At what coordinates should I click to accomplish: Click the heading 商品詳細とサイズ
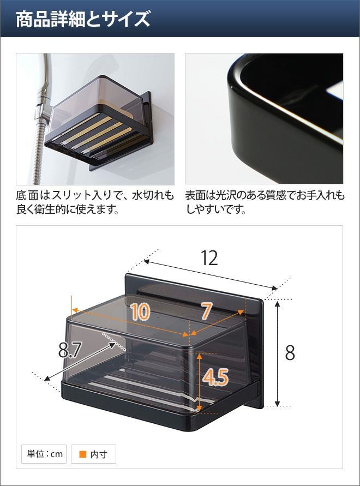pyautogui.click(x=83, y=19)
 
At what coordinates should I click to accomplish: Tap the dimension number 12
pyautogui.click(x=209, y=258)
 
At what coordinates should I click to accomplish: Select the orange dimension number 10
pyautogui.click(x=140, y=311)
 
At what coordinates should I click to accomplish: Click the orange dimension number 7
pyautogui.click(x=207, y=311)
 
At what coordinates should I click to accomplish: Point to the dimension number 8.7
pyautogui.click(x=70, y=350)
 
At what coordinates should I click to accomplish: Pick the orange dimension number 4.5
pyautogui.click(x=215, y=377)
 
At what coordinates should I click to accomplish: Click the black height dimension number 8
pyautogui.click(x=290, y=353)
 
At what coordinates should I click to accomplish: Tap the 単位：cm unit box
pyautogui.click(x=44, y=454)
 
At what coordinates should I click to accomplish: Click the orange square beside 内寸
pyautogui.click(x=83, y=454)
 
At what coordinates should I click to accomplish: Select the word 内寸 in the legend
pyautogui.click(x=99, y=454)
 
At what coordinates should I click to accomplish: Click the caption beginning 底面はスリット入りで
pyautogui.click(x=95, y=202)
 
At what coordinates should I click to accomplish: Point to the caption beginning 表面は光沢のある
pyautogui.click(x=265, y=202)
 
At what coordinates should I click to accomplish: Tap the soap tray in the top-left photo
pyautogui.click(x=98, y=123)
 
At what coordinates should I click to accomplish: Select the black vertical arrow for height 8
pyautogui.click(x=278, y=353)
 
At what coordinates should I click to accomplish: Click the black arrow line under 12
pyautogui.click(x=210, y=274)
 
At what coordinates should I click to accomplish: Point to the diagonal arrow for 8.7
pyautogui.click(x=80, y=362)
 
